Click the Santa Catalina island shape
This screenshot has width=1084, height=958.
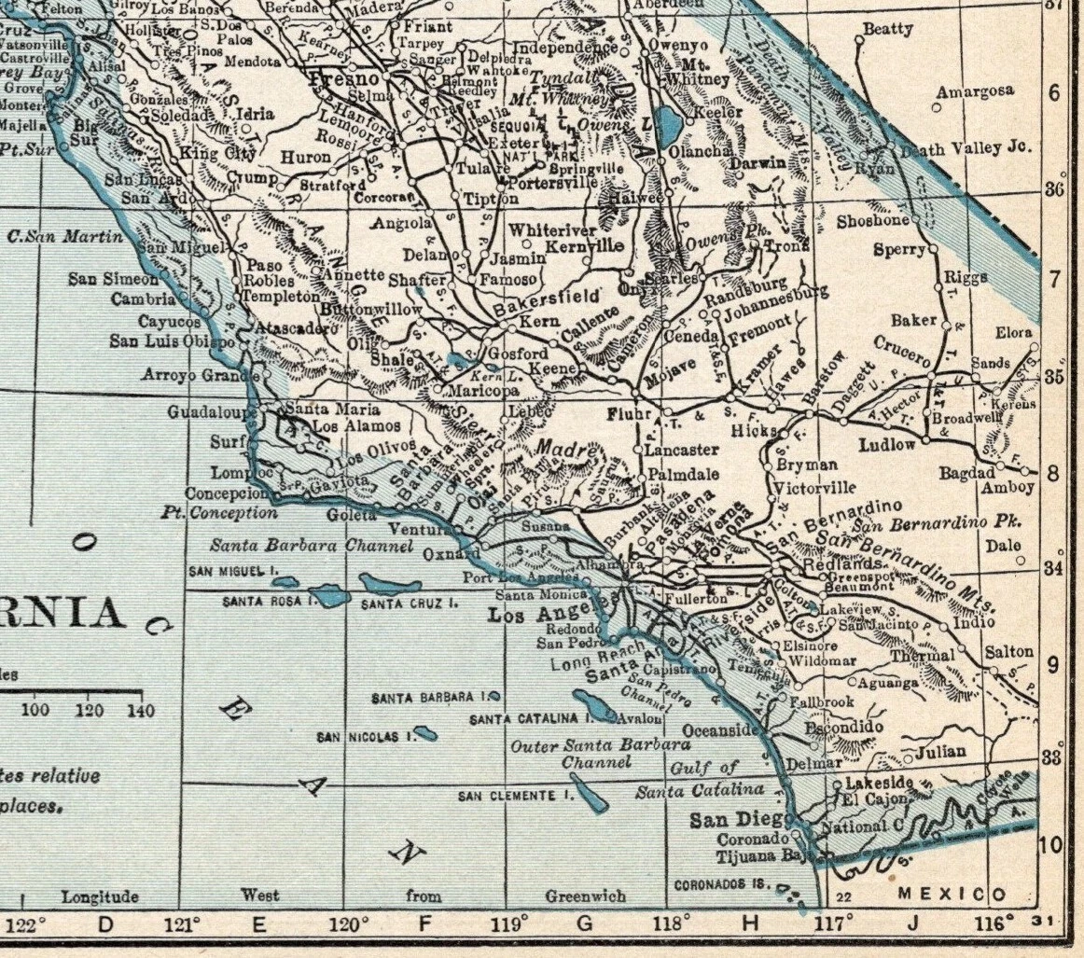tap(594, 707)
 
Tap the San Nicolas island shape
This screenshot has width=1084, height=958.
tap(425, 734)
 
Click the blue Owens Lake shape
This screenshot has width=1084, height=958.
tap(667, 122)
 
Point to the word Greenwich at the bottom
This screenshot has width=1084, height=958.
tap(585, 896)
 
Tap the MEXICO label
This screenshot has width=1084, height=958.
tap(952, 894)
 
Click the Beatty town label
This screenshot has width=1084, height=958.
tap(887, 29)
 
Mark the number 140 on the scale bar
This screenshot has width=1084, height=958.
tap(141, 711)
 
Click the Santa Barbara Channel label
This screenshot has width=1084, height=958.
tap(311, 547)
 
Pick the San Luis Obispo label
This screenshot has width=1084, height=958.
tap(172, 341)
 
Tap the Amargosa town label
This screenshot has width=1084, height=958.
tap(975, 91)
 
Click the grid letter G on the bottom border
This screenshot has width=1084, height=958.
tap(585, 924)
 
